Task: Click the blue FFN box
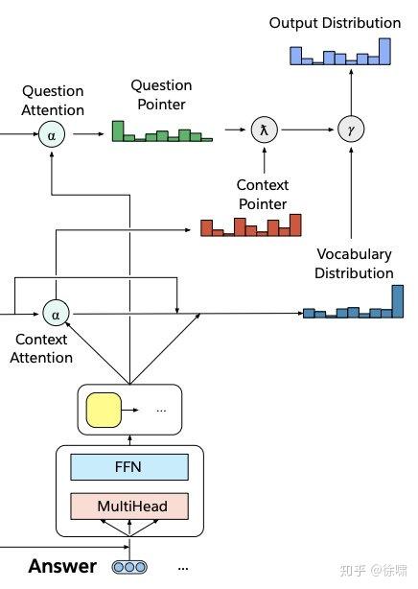coord(129,467)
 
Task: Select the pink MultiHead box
coord(129,506)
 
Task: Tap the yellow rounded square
coord(104,411)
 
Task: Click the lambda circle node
coord(265,130)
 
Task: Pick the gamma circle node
coord(351,130)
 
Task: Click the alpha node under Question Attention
coord(52,135)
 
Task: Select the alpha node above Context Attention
coord(56,314)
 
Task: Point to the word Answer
coord(62,566)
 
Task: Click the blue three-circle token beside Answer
coord(129,567)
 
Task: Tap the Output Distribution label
coord(335,23)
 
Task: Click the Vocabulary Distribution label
coord(354,263)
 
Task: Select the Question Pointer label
coord(161,95)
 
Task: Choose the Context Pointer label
coord(263,194)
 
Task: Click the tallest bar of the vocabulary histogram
coord(398,301)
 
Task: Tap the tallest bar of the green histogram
coord(118,130)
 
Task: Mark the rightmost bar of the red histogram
coord(295,225)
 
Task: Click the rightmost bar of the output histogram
coord(385,52)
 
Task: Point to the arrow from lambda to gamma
coord(308,130)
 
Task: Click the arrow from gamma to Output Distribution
coord(351,92)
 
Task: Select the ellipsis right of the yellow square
coord(161,411)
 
